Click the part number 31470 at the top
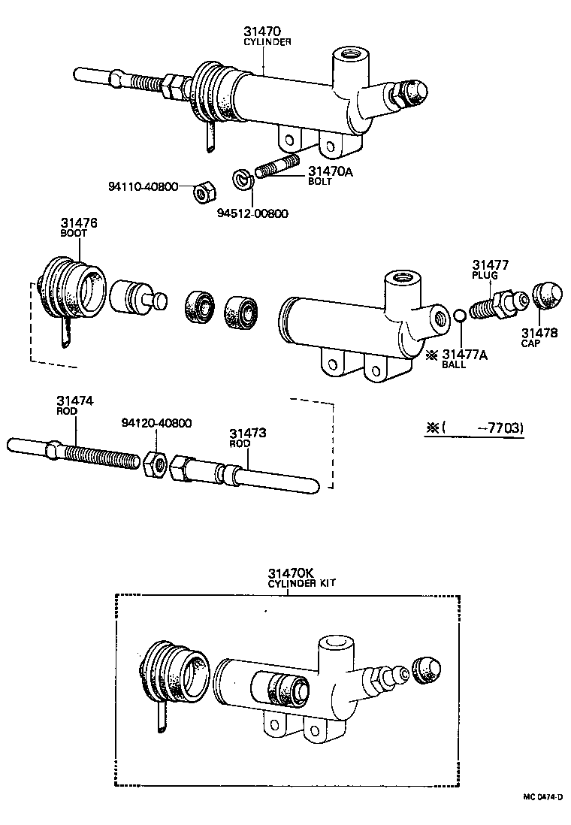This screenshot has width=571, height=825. (261, 32)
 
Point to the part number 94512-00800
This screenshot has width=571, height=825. (252, 213)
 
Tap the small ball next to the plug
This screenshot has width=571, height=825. (460, 315)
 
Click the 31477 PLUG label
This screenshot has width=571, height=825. (491, 268)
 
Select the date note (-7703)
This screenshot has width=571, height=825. (476, 428)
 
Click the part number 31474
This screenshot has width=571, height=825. (74, 401)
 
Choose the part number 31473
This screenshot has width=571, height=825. (248, 434)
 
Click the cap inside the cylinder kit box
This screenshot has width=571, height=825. (426, 671)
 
